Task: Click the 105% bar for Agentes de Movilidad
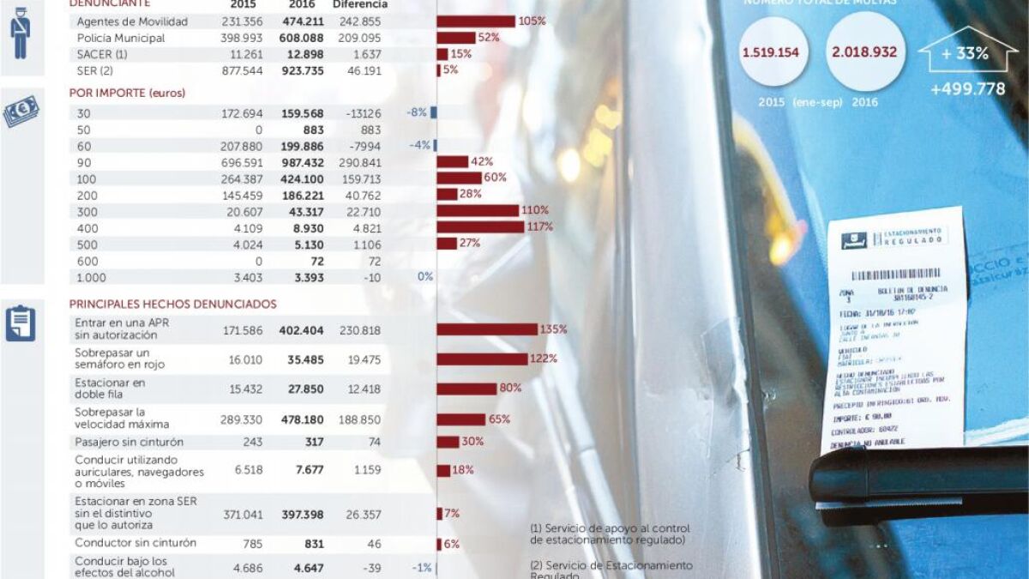click(476, 21)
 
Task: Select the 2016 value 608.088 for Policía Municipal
click(302, 38)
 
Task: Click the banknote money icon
click(21, 112)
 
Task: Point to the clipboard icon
click(21, 323)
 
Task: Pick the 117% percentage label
click(539, 227)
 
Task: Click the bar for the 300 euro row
click(478, 210)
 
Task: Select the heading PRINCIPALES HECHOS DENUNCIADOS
click(172, 304)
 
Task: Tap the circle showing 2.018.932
click(864, 52)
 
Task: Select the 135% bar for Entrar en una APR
click(487, 329)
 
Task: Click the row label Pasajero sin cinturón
click(129, 442)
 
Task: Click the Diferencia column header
click(360, 4)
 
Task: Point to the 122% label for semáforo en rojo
click(544, 359)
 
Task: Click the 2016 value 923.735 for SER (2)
click(302, 70)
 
